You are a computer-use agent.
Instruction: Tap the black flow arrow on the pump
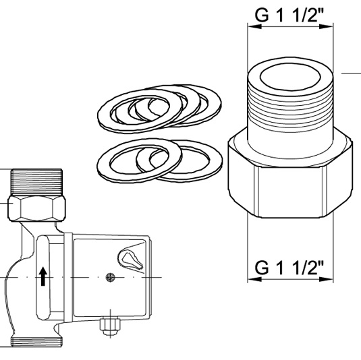(x=44, y=276)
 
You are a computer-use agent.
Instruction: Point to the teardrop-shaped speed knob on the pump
(x=128, y=258)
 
